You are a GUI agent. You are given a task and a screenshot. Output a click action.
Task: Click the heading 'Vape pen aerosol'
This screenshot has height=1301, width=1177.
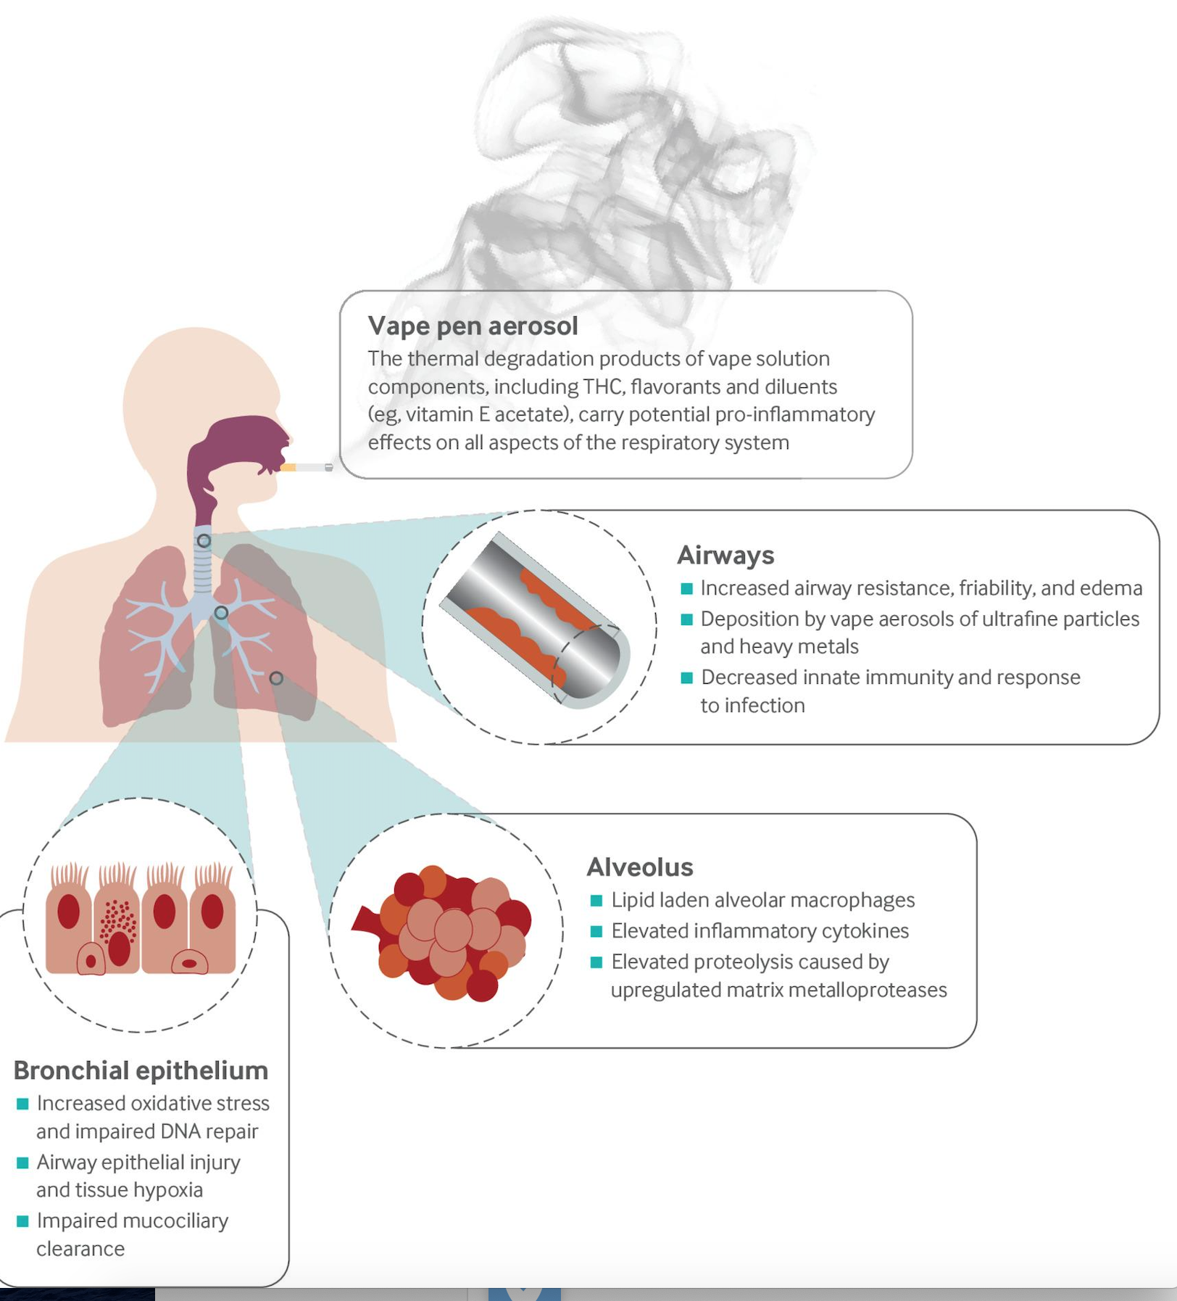[473, 326]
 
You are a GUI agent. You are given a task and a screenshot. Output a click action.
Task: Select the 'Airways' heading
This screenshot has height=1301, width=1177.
[725, 555]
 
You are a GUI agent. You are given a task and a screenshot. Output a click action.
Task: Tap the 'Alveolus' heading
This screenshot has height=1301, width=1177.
[639, 867]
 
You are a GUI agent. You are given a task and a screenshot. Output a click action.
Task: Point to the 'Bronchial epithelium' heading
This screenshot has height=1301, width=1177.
[141, 1070]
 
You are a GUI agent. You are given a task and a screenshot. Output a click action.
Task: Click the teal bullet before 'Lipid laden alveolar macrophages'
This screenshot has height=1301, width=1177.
[596, 901]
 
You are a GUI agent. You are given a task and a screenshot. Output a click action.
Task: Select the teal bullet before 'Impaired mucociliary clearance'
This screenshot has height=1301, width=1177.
[22, 1221]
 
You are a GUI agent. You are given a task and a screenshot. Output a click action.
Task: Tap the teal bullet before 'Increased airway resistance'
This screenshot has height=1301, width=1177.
[686, 589]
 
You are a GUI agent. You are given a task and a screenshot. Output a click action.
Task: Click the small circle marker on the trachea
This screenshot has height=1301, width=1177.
[204, 541]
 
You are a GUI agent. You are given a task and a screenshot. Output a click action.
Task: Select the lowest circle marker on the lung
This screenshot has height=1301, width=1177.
[276, 678]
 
